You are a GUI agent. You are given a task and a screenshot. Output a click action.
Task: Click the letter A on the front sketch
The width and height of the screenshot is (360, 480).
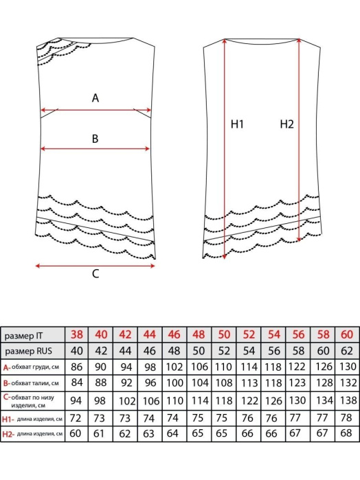(95, 98)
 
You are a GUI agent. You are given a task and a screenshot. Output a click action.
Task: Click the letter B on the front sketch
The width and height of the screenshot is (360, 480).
(95, 139)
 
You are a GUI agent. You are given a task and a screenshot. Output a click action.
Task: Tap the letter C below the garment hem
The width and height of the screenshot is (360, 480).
(95, 274)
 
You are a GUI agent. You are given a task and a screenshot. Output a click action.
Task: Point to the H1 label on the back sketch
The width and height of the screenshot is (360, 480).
(237, 124)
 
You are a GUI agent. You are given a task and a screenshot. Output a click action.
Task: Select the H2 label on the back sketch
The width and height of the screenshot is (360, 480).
(286, 124)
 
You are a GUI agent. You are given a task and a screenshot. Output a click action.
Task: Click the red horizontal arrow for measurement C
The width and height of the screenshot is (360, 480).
(95, 266)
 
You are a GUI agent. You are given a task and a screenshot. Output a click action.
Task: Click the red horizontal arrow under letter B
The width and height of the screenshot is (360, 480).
(95, 149)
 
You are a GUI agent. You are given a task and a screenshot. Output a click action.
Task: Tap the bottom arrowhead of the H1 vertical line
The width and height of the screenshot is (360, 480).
(225, 257)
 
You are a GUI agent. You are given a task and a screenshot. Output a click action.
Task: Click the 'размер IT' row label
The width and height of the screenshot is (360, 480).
(23, 336)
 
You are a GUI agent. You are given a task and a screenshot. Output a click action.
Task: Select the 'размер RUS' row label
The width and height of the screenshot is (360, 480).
(28, 351)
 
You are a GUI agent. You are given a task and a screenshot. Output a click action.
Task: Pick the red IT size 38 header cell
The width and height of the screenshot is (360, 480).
(76, 334)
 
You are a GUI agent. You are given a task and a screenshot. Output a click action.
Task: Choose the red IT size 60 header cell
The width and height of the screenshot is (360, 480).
(347, 334)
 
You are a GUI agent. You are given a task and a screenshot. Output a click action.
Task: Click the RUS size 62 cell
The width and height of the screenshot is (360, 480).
(347, 350)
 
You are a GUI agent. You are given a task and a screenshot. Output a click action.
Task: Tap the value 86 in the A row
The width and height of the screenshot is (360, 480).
(76, 367)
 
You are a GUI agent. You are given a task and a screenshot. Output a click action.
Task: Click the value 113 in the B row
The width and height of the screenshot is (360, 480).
(249, 382)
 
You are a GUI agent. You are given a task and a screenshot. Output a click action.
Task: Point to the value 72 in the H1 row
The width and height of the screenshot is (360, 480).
(76, 418)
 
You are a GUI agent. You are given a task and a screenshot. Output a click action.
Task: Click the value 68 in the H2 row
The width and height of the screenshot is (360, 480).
(346, 433)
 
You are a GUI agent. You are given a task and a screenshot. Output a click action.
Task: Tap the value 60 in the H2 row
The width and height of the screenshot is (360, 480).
(76, 433)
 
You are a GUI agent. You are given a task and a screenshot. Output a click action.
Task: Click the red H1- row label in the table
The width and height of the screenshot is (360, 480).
(8, 419)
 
